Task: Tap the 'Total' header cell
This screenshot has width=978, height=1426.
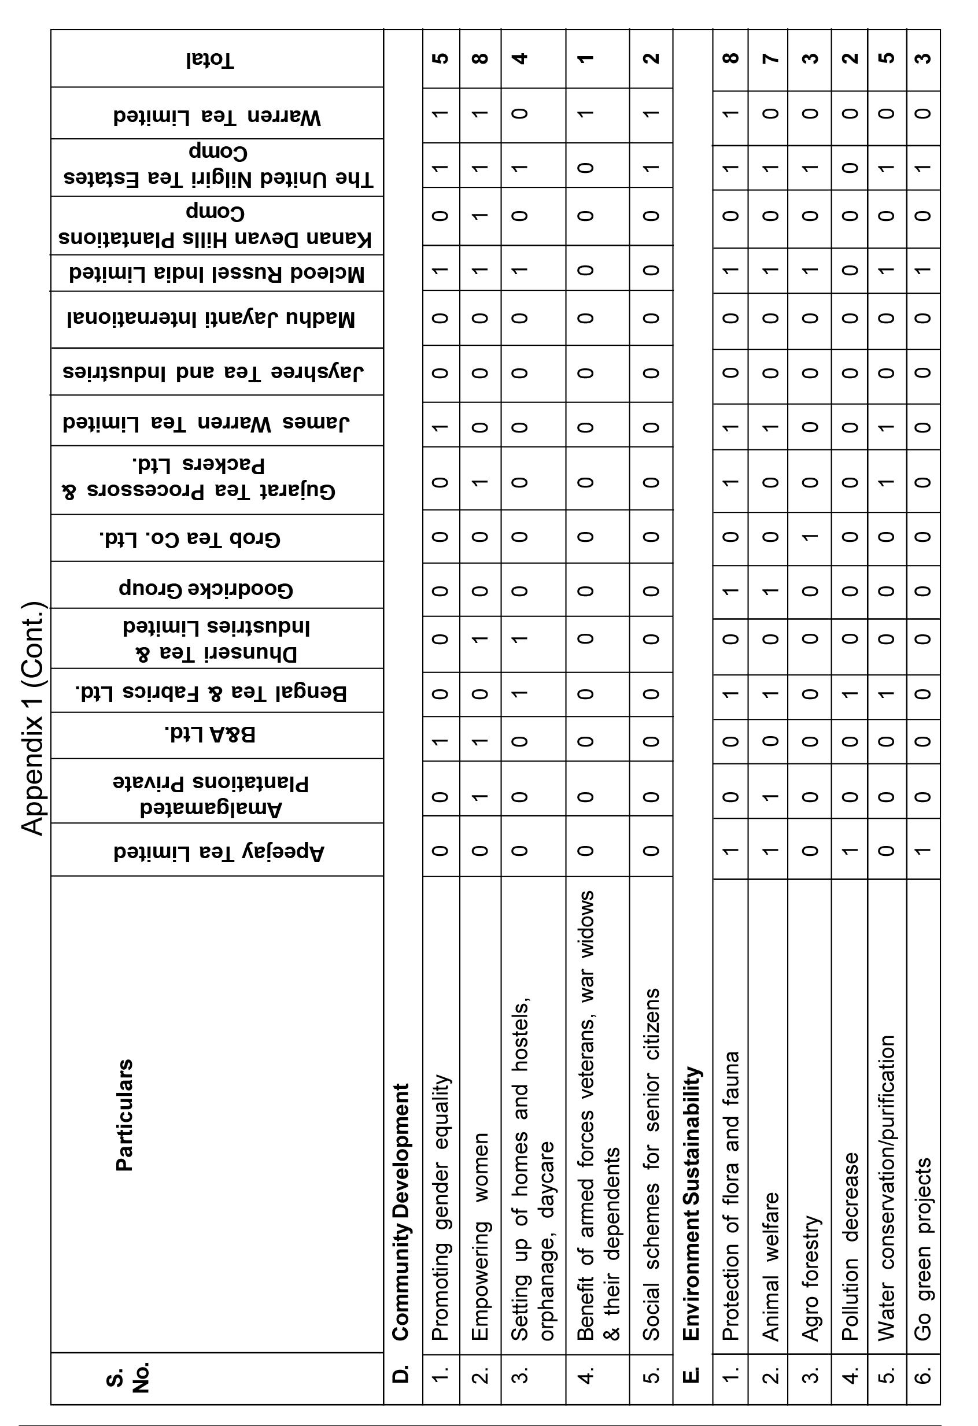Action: pos(211,60)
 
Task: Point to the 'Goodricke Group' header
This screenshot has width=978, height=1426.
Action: pos(206,589)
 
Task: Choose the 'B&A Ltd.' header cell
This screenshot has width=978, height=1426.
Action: pos(211,734)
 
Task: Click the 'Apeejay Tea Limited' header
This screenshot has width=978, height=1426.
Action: pos(219,852)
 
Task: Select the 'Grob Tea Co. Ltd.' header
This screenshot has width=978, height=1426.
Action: pos(190,538)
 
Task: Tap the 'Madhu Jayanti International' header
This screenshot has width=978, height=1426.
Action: pos(211,319)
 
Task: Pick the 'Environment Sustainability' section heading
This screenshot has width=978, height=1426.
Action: pos(692,1203)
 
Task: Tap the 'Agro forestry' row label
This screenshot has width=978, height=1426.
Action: pos(810,1277)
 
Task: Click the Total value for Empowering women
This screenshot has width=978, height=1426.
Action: pos(481,58)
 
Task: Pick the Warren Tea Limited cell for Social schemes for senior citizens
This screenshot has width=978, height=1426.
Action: pos(651,113)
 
